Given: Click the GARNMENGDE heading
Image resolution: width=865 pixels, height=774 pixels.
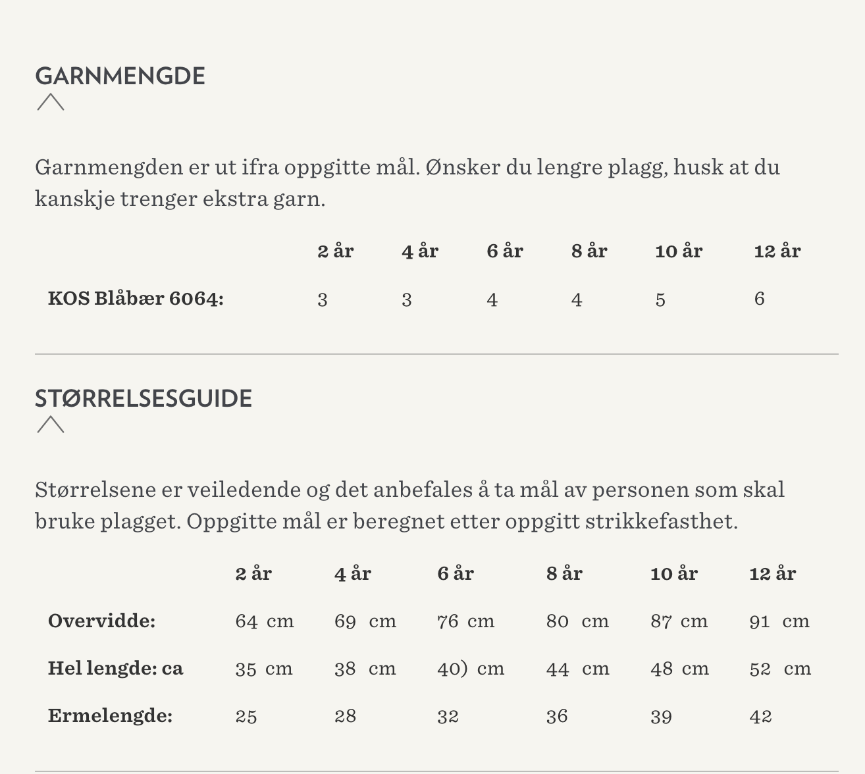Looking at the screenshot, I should point(120,76).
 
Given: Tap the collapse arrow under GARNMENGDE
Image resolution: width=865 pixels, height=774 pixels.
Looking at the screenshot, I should point(51,102).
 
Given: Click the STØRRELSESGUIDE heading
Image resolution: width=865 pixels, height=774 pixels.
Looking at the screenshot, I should point(144,399).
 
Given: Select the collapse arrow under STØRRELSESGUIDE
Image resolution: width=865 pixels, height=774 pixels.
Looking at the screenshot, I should point(51,425).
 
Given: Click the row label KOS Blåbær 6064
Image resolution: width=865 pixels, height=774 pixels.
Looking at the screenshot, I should point(136,299).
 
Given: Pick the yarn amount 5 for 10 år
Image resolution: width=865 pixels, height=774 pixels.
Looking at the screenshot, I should point(660,300).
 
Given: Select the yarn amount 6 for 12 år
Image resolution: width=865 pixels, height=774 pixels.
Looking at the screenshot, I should point(759,299).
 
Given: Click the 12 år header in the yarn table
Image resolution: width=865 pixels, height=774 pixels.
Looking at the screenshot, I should point(777,251).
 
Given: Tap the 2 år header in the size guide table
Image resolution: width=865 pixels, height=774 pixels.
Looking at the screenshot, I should point(253,574).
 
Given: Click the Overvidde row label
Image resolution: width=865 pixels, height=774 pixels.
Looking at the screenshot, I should point(101,621).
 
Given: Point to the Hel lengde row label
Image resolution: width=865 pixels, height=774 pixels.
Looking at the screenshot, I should point(115,669).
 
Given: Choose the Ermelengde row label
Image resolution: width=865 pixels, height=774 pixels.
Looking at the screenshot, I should point(110,716).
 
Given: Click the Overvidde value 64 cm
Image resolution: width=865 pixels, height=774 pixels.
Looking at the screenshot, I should point(265,621).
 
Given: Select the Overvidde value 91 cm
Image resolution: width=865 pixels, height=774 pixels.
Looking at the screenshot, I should point(779,621).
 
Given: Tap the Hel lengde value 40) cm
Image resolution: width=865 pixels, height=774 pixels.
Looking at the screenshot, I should point(471,669).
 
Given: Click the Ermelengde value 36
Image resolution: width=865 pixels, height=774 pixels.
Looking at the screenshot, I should point(557,716).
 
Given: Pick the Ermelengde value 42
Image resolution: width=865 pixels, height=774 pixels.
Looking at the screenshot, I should point(760,716).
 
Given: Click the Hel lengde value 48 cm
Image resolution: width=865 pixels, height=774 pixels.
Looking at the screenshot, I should point(679,669).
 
